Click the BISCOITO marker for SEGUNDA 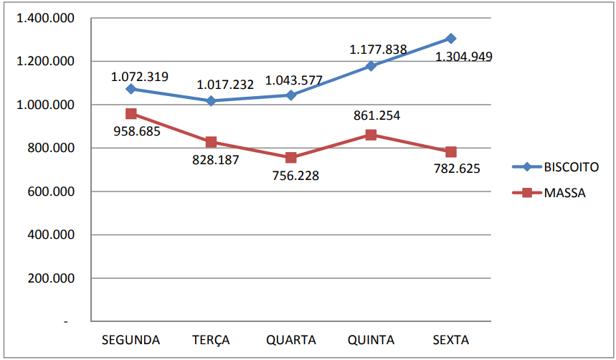tap(131, 89)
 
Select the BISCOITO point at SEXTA tap(450, 38)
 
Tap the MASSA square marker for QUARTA tap(290, 158)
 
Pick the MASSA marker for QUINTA tap(371, 135)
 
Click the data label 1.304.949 tap(463, 57)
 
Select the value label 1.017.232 tap(224, 85)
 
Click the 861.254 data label tap(376, 115)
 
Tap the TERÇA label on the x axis tap(211, 339)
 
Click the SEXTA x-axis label tap(451, 339)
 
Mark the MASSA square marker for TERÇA tap(211, 142)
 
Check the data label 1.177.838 tap(378, 50)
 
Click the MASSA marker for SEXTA tap(450, 152)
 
